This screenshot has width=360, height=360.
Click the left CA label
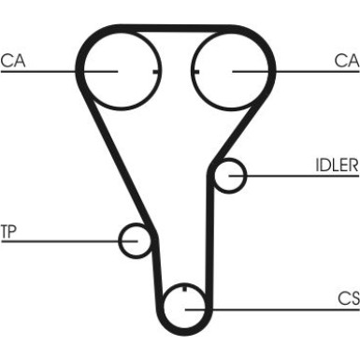click(x=13, y=61)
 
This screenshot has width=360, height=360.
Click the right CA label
click(x=348, y=61)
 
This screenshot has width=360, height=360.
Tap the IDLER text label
click(x=338, y=166)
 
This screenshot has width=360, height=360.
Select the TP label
click(x=9, y=230)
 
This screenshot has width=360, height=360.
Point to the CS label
click(x=349, y=298)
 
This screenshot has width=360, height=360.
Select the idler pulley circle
click(x=229, y=175)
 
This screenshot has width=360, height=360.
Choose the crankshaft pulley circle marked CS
click(x=184, y=306)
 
